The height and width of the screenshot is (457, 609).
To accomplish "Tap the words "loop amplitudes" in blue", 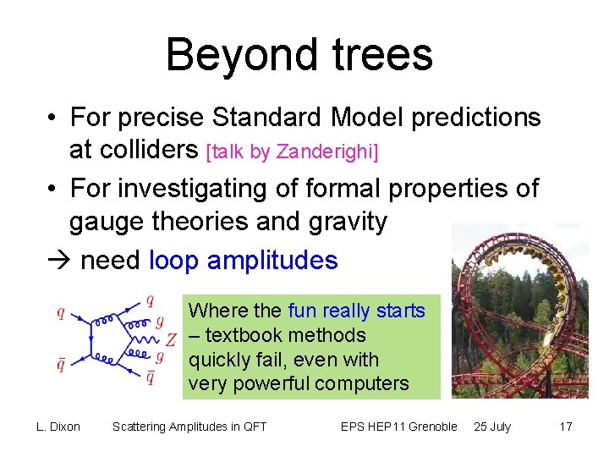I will [243, 260].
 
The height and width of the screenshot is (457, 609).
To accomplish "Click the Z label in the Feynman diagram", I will [171, 340].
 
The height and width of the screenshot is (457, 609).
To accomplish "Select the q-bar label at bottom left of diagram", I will [61, 365].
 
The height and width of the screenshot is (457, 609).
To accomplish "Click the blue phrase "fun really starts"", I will [356, 311].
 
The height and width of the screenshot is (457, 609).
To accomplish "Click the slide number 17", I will [566, 427].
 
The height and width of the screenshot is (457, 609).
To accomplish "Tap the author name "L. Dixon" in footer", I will [58, 427].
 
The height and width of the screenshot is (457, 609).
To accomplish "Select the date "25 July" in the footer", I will [492, 427].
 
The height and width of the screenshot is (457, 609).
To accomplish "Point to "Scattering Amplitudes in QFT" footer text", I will [189, 427].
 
